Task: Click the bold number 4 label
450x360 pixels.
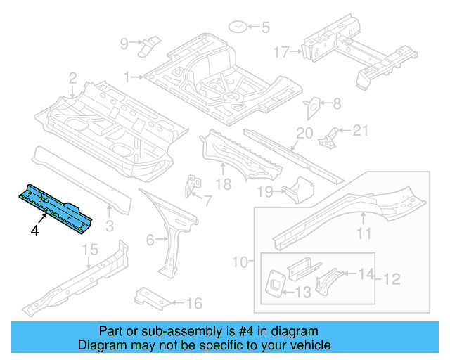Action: point(34,230)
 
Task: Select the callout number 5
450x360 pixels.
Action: point(265,28)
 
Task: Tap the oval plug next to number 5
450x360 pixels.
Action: point(238,27)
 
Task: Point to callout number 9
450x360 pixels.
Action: point(124,44)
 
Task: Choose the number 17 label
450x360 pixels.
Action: point(281,51)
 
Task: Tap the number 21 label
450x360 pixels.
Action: point(359,129)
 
